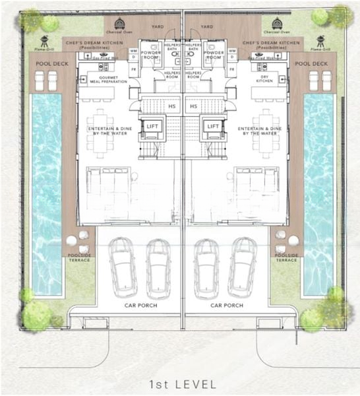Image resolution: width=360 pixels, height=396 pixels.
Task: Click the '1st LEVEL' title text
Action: pos(180,383)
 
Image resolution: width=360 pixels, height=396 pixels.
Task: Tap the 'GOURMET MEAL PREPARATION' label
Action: pos(108,80)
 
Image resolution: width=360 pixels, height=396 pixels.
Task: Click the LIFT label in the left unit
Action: pos(152,126)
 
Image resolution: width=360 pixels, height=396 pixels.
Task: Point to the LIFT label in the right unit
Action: pos(213,126)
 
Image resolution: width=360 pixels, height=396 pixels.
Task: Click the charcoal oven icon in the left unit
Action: pos(119,24)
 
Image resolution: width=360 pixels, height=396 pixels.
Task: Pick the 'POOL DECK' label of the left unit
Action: pos(47,63)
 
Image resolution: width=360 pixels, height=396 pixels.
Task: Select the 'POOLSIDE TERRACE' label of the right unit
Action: pos(287,257)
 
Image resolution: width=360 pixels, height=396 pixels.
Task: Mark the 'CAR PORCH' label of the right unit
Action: pos(227,306)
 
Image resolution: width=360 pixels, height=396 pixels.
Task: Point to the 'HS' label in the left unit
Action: pos(172,106)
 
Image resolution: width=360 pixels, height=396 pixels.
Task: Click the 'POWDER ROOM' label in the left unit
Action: pos(152,55)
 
